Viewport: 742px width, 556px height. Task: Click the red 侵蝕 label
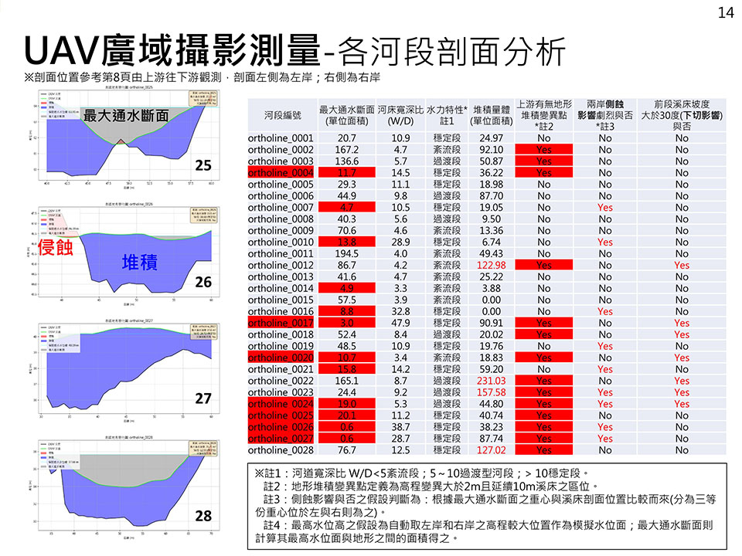point(56,247)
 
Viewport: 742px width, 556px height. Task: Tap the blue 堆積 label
point(140,263)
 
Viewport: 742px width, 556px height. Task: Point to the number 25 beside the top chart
point(203,165)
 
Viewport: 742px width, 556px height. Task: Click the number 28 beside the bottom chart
point(203,515)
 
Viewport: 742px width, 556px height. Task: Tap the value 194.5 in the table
point(347,253)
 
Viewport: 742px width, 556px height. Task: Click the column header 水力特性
point(447,110)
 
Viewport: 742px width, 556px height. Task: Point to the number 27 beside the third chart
point(203,398)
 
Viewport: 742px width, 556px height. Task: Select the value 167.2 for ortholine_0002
point(347,149)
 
